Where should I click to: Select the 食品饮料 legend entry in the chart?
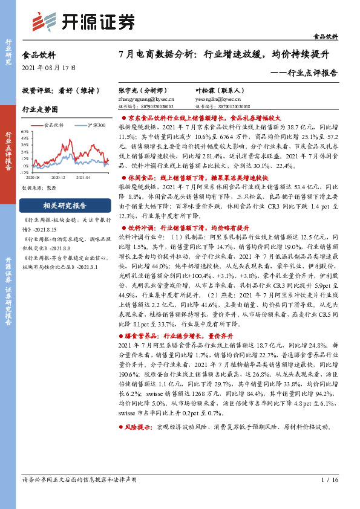[x=54, y=125]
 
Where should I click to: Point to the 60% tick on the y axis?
[x=25, y=131]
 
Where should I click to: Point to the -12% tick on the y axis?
[x=24, y=171]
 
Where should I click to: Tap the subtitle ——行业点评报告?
[x=304, y=73]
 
